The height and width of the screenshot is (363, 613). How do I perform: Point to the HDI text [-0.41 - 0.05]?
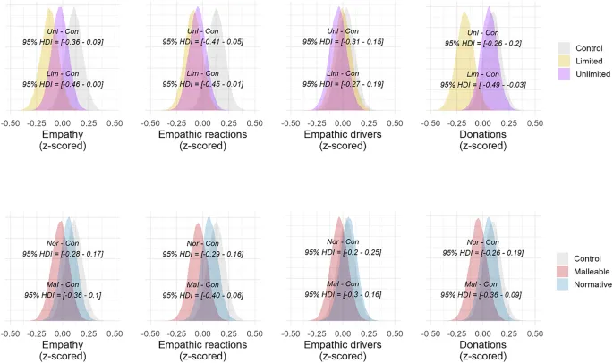(202, 41)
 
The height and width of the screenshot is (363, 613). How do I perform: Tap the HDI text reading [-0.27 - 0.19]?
(343, 84)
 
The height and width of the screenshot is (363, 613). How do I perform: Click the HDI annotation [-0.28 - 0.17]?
(63, 255)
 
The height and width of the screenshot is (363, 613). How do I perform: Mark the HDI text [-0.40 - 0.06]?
(202, 295)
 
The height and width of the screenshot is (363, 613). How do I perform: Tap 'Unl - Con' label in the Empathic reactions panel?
(202, 30)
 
